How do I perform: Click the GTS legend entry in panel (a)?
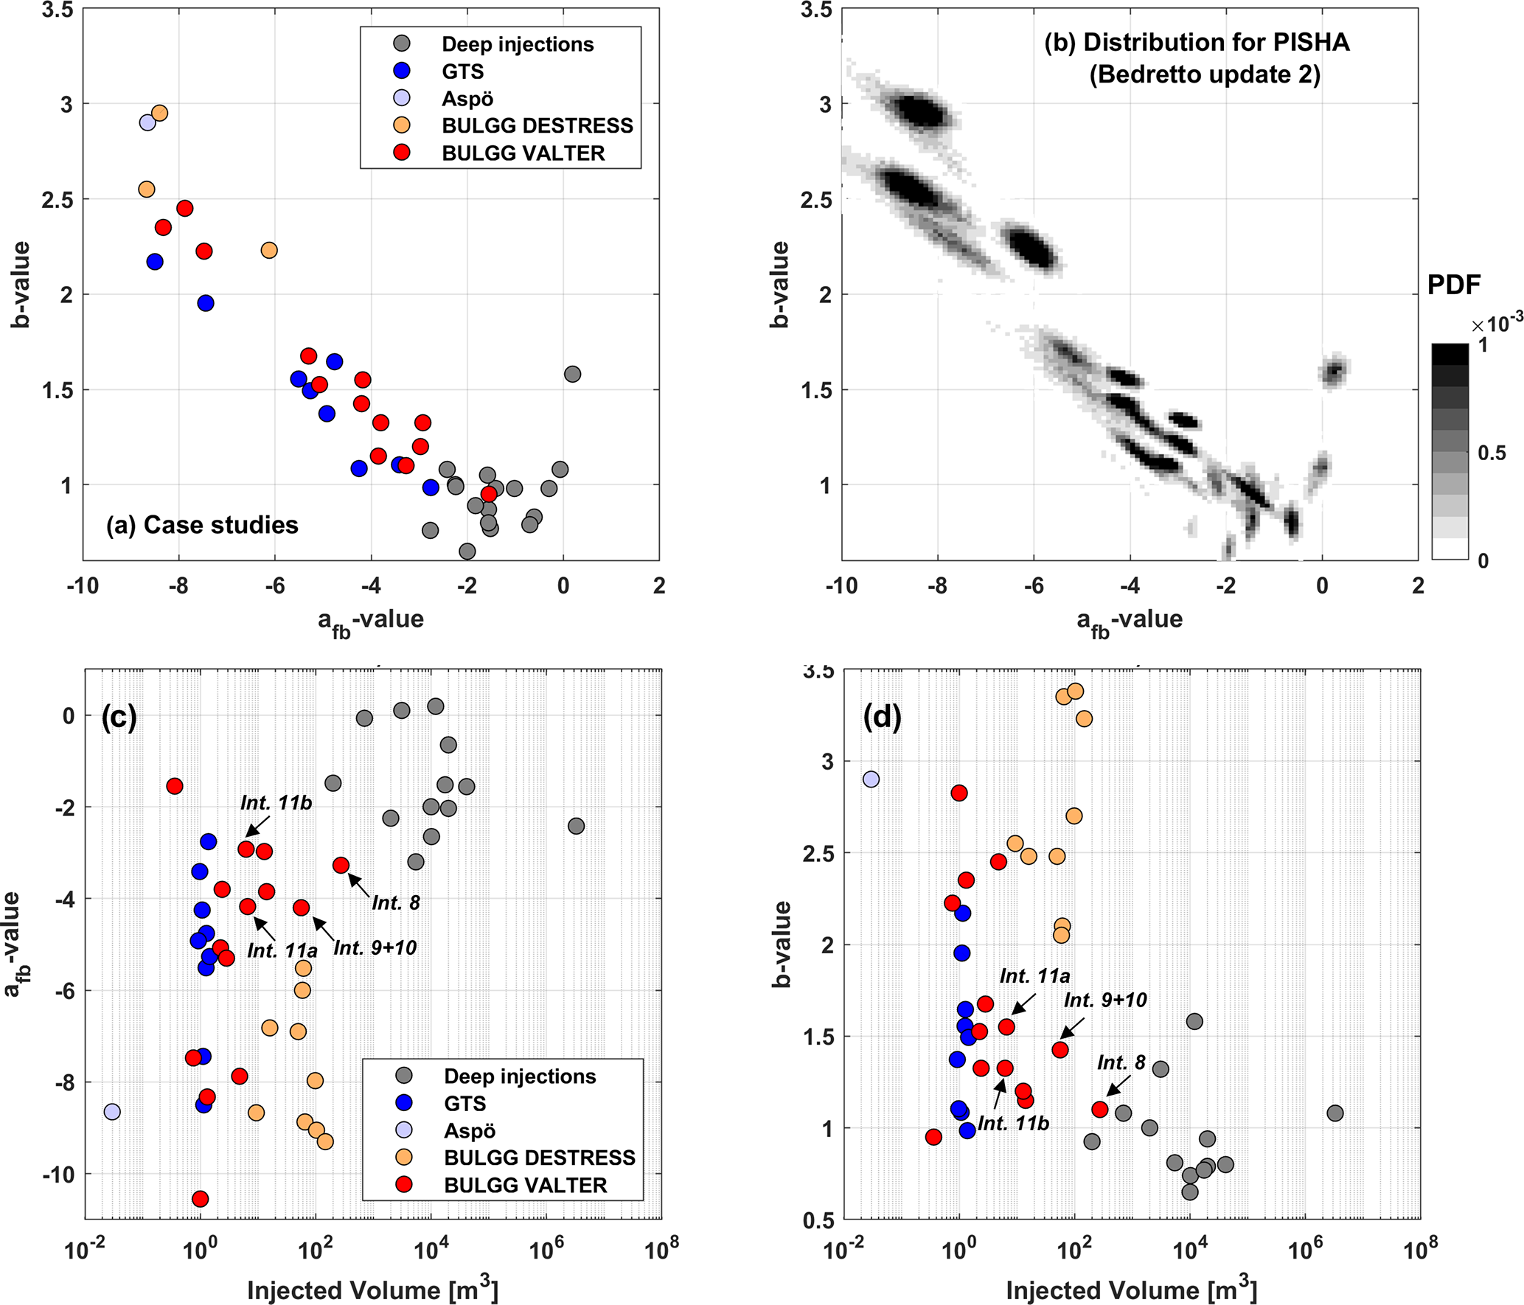coord(462,72)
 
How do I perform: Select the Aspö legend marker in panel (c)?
coord(404,1130)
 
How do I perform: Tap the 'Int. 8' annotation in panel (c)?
coord(396,902)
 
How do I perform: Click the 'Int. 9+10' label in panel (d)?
coord(1105,1000)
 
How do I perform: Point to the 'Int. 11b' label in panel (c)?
coord(276,803)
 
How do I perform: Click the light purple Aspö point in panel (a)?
coord(147,122)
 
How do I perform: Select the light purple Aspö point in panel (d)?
coord(871,779)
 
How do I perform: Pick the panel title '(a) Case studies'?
coord(202,525)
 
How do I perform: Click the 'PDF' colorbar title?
coord(1454,285)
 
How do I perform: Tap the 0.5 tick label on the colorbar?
coord(1492,453)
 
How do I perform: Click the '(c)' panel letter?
coord(119,717)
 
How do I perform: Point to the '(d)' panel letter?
coord(882,717)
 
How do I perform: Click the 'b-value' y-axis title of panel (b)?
coord(779,284)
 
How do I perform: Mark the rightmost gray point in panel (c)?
coord(577,826)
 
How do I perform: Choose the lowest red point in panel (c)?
coord(200,1199)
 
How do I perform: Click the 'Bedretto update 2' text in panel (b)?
coord(1205,74)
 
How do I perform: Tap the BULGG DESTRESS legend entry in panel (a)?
coord(537,125)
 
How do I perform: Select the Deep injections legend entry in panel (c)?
coord(519,1076)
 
